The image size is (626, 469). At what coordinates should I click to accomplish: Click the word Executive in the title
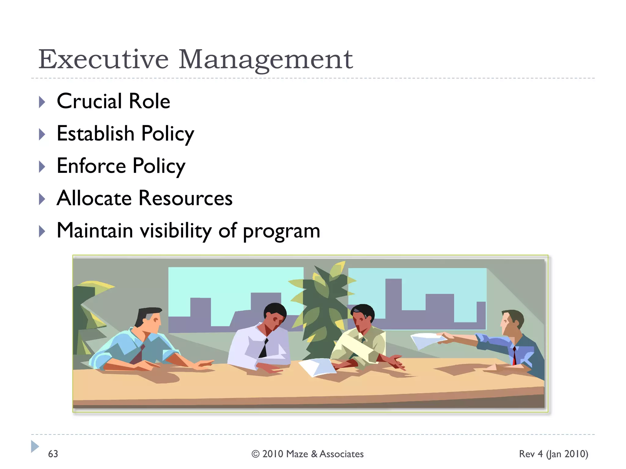(x=103, y=59)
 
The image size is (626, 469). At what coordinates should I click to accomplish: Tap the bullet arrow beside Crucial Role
(x=42, y=102)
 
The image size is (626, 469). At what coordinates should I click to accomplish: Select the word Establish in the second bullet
(x=95, y=133)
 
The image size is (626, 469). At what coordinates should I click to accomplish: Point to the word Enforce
(x=91, y=166)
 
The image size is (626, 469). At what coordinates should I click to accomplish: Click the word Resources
(x=185, y=198)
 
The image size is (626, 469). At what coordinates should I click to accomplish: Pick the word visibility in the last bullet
(x=175, y=231)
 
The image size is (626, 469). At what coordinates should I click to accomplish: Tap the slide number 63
(x=53, y=454)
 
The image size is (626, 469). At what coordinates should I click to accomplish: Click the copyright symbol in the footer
(x=255, y=454)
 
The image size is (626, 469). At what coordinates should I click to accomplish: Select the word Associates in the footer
(x=341, y=454)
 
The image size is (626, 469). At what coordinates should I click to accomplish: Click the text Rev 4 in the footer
(x=531, y=454)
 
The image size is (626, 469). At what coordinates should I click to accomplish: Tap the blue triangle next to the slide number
(x=35, y=446)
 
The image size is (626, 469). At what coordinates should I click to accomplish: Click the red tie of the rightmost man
(x=514, y=356)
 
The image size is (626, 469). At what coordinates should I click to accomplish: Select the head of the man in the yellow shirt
(x=363, y=318)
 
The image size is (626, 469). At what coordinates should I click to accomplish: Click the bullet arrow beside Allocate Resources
(x=42, y=199)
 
